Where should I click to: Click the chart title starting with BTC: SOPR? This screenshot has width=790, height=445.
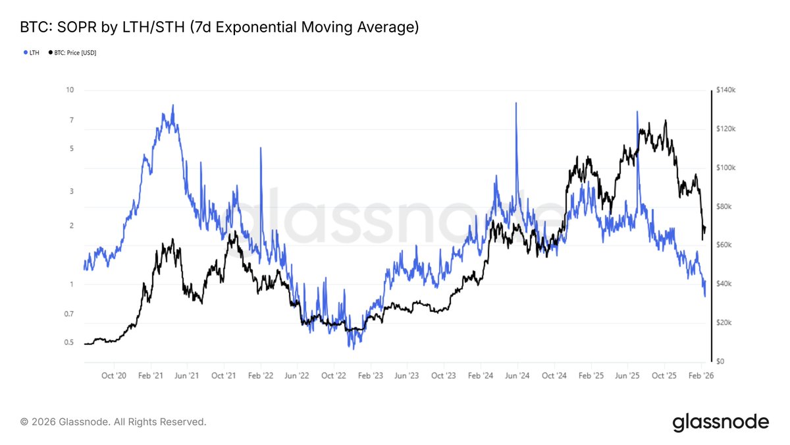click(220, 27)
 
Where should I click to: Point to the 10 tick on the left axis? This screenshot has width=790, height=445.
click(70, 90)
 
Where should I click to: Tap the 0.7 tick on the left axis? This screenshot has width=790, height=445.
click(68, 314)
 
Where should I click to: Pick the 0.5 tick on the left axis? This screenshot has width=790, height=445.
click(68, 343)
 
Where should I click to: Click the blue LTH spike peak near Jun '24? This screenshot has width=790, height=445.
click(516, 104)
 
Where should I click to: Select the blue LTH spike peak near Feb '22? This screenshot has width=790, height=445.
click(261, 148)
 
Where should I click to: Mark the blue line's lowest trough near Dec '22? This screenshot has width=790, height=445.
click(353, 347)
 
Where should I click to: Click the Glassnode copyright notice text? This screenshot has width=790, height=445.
click(113, 421)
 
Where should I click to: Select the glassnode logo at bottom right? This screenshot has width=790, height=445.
click(720, 422)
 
